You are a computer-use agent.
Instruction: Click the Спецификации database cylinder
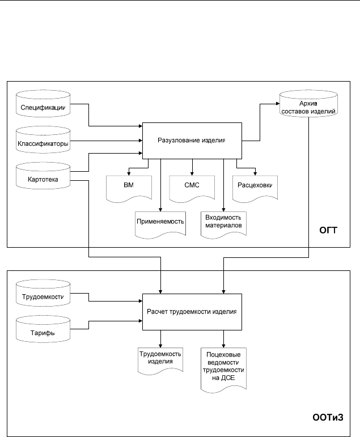coord(43,103)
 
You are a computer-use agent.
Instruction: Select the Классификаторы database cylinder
coord(43,139)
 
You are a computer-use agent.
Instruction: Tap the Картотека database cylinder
coord(43,176)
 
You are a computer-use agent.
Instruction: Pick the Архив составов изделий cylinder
coord(308,103)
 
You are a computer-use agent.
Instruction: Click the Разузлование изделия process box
coord(192,141)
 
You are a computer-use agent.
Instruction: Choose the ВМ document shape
coord(129,189)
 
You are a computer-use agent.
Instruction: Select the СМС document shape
coord(192,189)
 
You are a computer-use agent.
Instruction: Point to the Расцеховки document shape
coord(255,189)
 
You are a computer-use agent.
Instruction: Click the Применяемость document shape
coord(160,225)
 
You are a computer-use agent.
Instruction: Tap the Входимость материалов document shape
coord(223,225)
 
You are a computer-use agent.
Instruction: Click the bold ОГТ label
coord(328,230)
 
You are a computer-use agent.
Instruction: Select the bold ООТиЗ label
coord(328,417)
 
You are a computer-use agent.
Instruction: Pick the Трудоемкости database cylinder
coord(43,293)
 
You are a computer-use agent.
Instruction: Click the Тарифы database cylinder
coord(43,329)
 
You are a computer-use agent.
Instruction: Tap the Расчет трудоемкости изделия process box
coord(192,312)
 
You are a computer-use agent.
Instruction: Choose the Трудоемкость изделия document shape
coord(160,360)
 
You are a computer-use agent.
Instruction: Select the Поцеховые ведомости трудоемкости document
coord(223,370)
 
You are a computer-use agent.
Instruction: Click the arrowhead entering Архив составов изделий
coord(278,104)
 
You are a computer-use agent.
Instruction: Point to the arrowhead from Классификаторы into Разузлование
coord(141,141)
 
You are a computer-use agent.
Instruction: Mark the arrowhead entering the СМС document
coord(192,173)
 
